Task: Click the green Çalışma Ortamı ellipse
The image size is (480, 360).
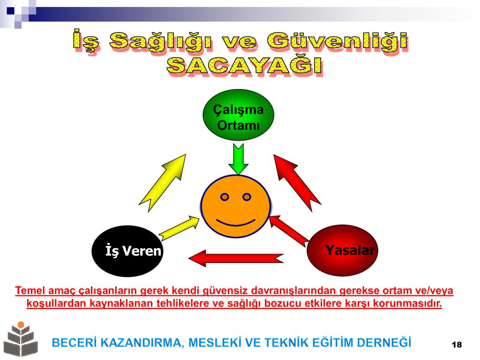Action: (238, 115)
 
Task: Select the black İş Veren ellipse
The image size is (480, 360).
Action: (127, 251)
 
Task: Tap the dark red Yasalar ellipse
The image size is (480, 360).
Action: (342, 250)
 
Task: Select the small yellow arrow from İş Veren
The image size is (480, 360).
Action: (179, 228)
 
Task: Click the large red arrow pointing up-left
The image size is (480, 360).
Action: (296, 182)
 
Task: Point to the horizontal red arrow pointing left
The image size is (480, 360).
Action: (236, 258)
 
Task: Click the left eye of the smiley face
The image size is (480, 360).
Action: (225, 197)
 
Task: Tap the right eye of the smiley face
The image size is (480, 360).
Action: (247, 197)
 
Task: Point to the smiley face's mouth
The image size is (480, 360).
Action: (235, 223)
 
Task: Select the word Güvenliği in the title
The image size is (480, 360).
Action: (337, 41)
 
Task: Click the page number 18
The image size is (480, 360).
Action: (457, 345)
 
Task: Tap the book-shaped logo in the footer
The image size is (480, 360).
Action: (21, 340)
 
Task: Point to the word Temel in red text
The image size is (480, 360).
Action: (30, 290)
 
